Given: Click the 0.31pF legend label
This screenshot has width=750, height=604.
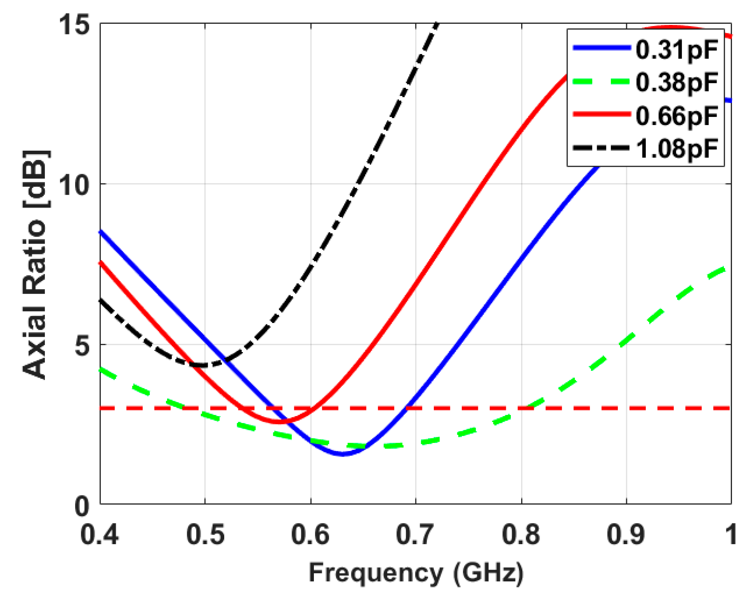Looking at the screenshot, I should [x=676, y=50].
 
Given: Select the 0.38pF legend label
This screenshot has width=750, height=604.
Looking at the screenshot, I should [x=676, y=82].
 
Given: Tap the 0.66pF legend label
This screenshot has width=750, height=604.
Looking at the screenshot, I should [x=676, y=116].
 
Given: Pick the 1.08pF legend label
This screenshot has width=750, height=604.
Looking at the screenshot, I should [x=676, y=149].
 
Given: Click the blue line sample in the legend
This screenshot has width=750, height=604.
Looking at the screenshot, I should [x=602, y=48].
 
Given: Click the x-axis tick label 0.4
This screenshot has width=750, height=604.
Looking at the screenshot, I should [x=100, y=534].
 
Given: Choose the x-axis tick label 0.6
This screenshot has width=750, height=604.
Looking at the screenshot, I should [x=310, y=534].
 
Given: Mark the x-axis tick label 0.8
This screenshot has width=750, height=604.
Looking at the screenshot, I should [x=521, y=534].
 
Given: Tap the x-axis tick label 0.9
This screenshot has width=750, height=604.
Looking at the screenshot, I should [x=626, y=534].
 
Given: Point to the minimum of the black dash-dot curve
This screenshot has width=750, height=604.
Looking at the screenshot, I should [x=203, y=365].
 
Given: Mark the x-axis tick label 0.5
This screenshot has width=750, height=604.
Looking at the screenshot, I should [x=205, y=534].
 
